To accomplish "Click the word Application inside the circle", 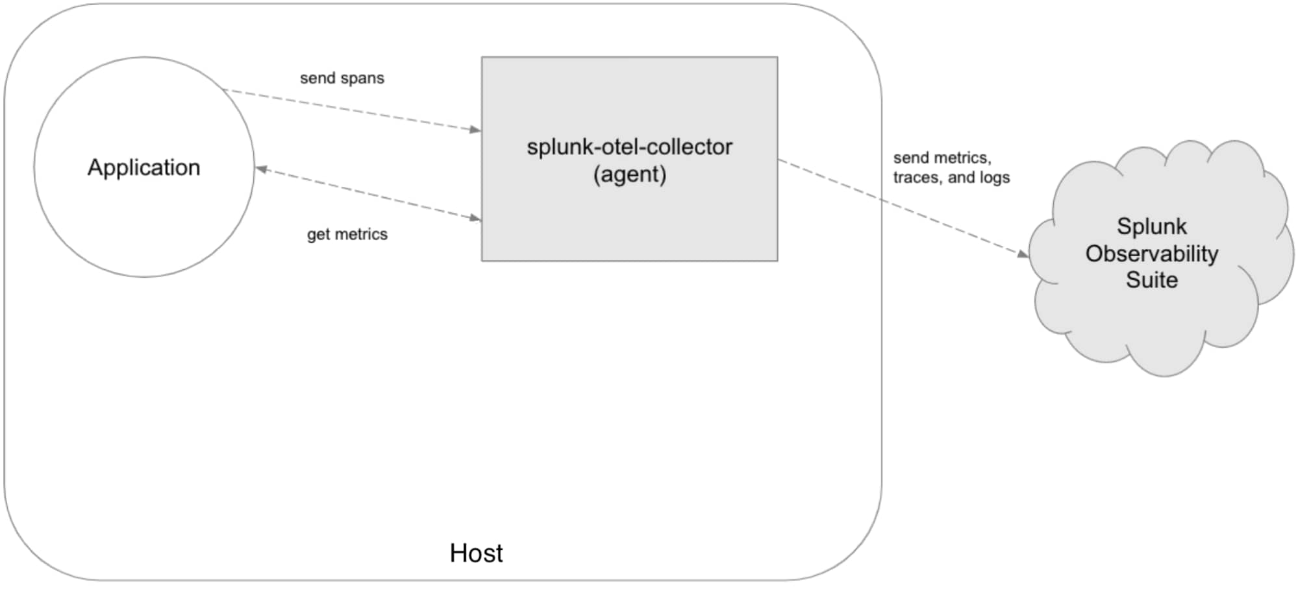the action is pos(144,168).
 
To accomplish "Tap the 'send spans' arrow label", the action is pos(342,78).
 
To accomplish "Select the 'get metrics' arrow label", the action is pos(347,234).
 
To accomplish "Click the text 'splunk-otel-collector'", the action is pos(629,147).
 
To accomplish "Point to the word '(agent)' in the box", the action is pos(629,174).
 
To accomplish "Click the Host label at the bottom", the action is pos(476,553).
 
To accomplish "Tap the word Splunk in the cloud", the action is pos(1151,226).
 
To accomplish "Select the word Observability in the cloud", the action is pos(1151,254).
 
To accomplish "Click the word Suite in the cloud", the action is pos(1151,280).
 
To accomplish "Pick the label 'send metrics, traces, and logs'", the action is pos(951,167).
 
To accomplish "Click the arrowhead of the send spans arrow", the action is pos(475,130).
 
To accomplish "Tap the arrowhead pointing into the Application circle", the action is pos(262,169).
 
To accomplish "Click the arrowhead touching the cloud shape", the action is pos(1023,254).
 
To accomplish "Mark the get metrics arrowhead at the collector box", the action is pos(475,218).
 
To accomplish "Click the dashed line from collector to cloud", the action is pos(904,207).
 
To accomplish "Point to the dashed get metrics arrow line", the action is pos(368,194).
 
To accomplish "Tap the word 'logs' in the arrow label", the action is pos(995,178).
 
